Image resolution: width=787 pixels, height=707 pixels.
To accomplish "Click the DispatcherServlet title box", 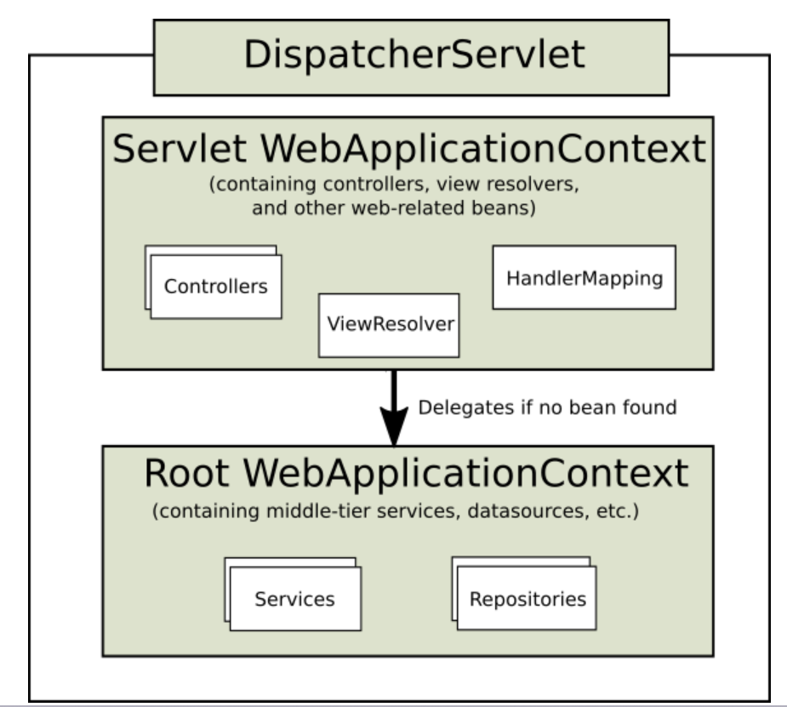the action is point(411,57).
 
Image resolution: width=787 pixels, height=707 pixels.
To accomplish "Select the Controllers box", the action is point(216,287).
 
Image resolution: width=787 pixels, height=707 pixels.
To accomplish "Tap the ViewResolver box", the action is point(389,325).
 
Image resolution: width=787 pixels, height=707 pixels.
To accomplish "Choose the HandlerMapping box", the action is point(585,277).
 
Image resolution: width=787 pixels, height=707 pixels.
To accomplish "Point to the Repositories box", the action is point(527,598).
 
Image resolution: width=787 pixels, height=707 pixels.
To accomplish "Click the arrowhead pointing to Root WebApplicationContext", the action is point(394,426).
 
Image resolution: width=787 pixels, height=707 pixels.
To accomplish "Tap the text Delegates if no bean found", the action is point(548,408).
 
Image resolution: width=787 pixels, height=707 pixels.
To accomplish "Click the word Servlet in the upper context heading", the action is point(180,149).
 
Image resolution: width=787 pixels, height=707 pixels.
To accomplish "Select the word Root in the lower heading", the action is point(186,473).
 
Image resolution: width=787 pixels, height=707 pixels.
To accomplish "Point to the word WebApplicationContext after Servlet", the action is point(483,150).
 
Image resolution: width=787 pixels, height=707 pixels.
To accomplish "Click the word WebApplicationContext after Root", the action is point(465,474).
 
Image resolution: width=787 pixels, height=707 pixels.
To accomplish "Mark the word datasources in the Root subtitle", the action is point(526,510).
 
